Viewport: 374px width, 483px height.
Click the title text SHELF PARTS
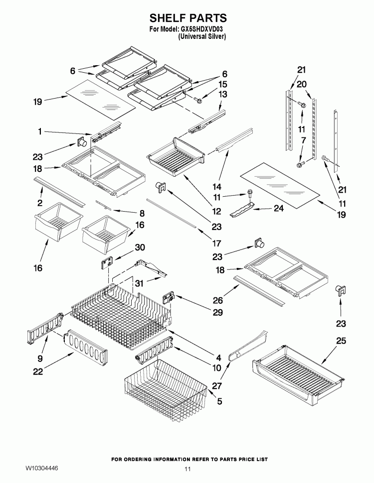188,18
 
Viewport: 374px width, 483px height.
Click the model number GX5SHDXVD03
201,29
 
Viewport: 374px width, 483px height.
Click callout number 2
40,203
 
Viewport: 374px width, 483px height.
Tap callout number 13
222,94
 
